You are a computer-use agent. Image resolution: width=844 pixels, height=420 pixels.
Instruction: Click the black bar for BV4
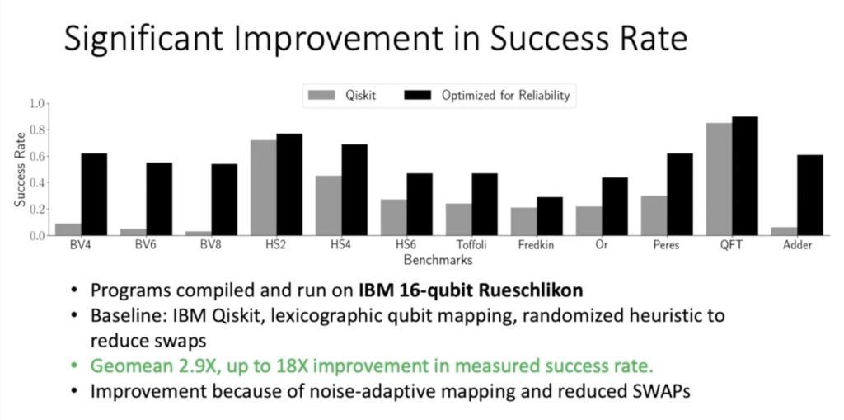[94, 194]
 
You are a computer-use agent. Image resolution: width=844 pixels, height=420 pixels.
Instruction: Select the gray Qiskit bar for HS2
[263, 187]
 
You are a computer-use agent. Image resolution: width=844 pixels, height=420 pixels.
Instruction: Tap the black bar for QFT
[745, 176]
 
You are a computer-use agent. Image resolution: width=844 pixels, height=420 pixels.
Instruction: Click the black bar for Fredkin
[550, 216]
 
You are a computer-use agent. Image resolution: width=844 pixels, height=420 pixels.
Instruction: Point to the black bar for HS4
[354, 190]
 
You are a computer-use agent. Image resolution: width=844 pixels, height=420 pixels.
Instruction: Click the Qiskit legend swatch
[322, 96]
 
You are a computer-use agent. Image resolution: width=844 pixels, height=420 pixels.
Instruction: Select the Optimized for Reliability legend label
[505, 96]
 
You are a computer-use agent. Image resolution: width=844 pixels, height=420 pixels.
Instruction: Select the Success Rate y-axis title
[20, 169]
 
